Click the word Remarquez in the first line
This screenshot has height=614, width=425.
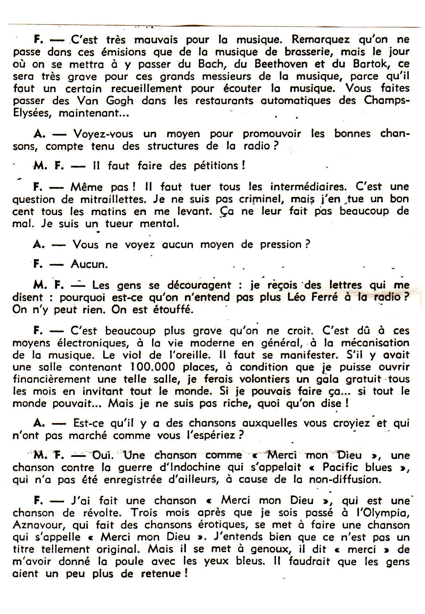[x=321, y=40]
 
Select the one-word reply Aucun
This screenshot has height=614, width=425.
[x=89, y=264]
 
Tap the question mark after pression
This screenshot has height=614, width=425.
[x=307, y=245]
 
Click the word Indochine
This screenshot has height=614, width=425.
[x=191, y=467]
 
